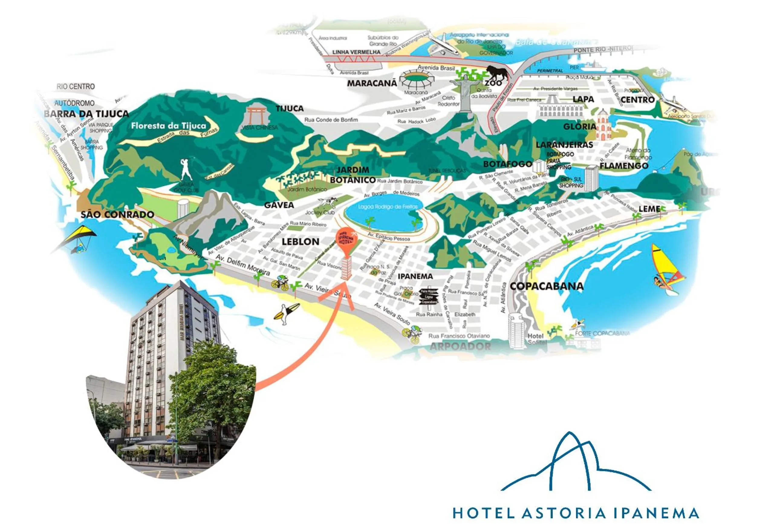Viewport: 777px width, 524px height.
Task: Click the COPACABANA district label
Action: pos(547,287)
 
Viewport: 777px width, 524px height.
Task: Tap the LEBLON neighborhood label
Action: pos(300,242)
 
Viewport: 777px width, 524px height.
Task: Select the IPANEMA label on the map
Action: pos(415,276)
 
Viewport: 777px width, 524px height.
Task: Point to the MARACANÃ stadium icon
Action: pos(418,80)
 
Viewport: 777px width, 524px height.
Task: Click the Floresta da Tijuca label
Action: pos(168,126)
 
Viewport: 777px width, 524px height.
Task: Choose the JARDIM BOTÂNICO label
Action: pos(353,175)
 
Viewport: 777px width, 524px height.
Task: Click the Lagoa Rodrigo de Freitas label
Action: pos(387,207)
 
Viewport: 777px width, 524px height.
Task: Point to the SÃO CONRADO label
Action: pos(117,215)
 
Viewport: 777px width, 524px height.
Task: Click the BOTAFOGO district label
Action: pos(507,164)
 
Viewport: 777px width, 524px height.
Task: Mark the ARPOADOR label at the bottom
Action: pos(460,346)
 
